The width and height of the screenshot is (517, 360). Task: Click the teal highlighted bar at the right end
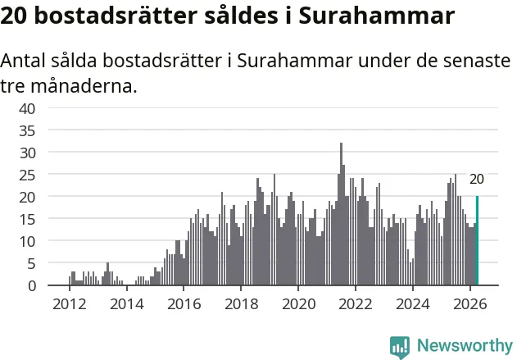[x=477, y=240]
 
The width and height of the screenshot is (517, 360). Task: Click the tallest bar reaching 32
[x=342, y=214]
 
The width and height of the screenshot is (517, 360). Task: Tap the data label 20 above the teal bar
[x=477, y=179]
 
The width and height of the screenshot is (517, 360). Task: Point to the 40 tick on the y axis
[x=27, y=108]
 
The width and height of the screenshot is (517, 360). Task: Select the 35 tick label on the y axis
[x=27, y=131]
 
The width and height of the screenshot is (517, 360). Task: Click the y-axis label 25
[x=27, y=175]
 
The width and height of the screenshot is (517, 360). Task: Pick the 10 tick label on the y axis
[x=27, y=242]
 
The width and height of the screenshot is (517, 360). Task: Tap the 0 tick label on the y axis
[x=32, y=286]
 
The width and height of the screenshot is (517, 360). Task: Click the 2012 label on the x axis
[x=70, y=304]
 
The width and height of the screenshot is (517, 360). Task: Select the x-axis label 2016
[x=184, y=304]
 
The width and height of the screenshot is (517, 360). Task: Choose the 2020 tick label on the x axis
[x=298, y=304]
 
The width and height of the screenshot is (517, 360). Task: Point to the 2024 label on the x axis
[x=413, y=304]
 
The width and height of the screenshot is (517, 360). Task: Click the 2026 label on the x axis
[x=470, y=304]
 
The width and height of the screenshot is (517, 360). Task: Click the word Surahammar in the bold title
[x=377, y=16]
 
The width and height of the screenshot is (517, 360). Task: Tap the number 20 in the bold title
[x=14, y=16]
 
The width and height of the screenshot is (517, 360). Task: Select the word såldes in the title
[x=241, y=16]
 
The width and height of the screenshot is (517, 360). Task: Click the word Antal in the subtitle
[x=23, y=61]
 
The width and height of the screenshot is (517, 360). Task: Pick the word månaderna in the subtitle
[x=84, y=86]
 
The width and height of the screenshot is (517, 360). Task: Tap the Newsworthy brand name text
[x=465, y=345]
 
